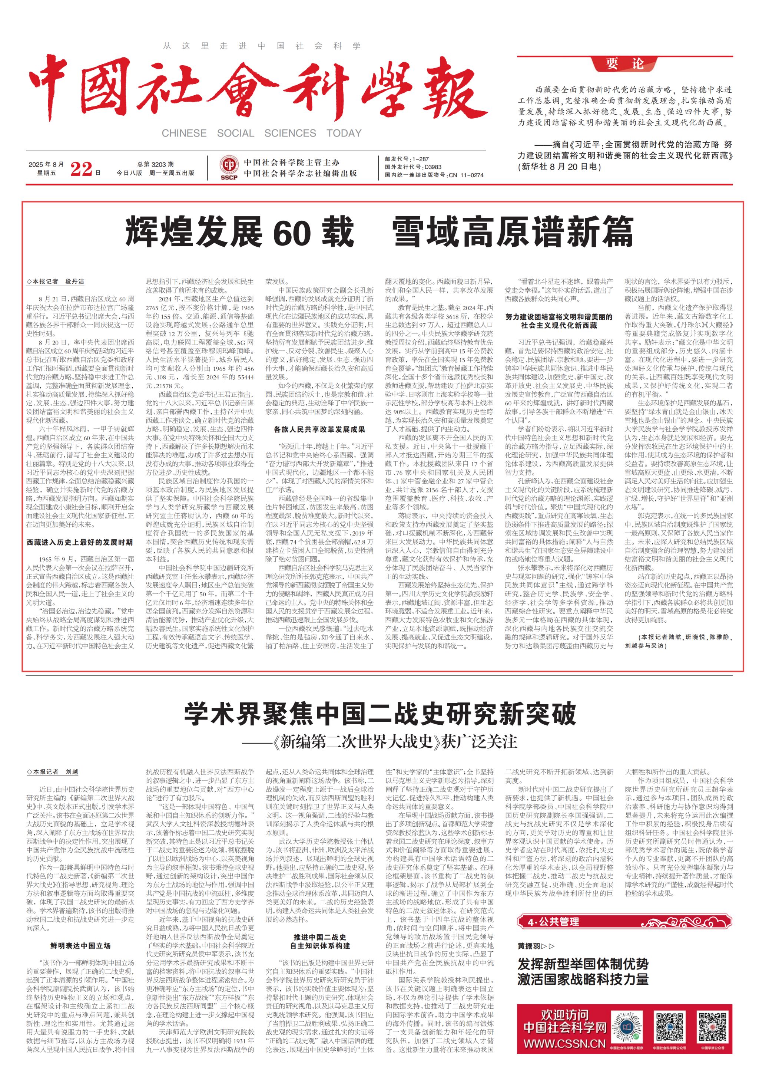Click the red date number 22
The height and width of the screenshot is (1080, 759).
point(81,168)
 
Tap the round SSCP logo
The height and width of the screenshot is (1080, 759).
point(229,166)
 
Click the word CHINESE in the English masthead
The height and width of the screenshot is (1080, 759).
point(184,133)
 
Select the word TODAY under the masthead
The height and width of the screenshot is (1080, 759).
point(344,133)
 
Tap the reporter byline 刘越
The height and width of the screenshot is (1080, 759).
point(72,771)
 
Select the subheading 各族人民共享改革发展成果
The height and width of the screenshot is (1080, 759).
point(319,429)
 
